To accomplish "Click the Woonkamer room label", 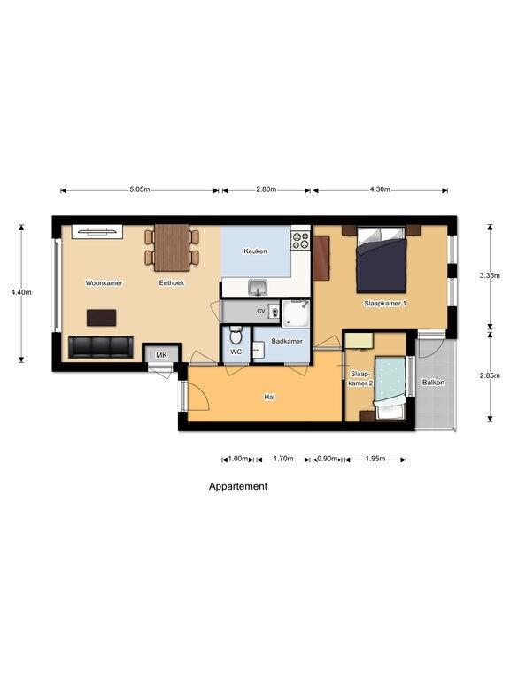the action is (x=104, y=282).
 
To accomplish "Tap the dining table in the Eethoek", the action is (x=172, y=248).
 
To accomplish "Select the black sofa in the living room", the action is (x=101, y=347).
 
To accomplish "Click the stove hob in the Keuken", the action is (x=300, y=240).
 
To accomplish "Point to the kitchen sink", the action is (x=258, y=288).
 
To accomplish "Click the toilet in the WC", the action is (x=236, y=335).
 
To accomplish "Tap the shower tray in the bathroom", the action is (x=296, y=313).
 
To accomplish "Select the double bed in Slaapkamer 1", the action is (x=382, y=259).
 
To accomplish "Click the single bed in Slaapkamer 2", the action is (x=390, y=388).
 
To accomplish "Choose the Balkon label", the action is (x=433, y=382).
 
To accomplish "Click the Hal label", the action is (x=269, y=397).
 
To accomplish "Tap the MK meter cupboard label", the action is (x=161, y=355).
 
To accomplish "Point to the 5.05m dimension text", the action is (x=140, y=189).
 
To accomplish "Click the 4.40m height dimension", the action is (x=21, y=292).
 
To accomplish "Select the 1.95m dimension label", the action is (x=375, y=459).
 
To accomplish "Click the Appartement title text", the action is (x=238, y=487).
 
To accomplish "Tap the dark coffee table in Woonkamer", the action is (x=102, y=318).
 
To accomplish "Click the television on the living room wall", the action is (x=97, y=232).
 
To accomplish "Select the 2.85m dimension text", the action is (x=490, y=376).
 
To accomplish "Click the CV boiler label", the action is (x=261, y=311).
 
